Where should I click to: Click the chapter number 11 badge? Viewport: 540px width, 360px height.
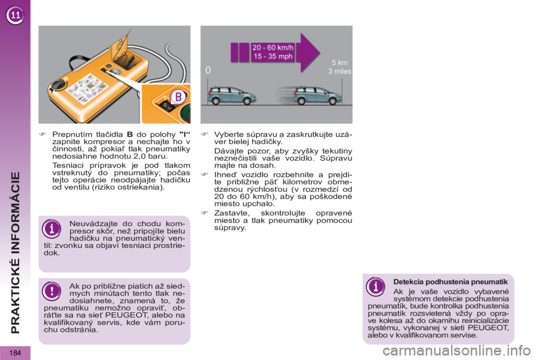[x=15, y=15]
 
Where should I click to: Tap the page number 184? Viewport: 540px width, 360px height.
[x=15, y=353]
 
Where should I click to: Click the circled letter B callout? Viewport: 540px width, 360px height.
[x=178, y=97]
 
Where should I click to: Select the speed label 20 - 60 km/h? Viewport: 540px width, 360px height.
[x=273, y=48]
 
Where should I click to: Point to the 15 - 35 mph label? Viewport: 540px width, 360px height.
[x=273, y=56]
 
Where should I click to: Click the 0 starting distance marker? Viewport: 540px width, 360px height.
[x=208, y=70]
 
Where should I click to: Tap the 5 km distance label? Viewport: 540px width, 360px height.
[x=340, y=62]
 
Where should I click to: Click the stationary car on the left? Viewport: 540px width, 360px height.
[x=231, y=96]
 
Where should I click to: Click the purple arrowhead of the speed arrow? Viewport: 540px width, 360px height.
[x=309, y=52]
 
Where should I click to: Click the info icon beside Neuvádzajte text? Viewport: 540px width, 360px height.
[x=52, y=228]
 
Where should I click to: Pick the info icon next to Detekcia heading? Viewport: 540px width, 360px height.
[x=375, y=286]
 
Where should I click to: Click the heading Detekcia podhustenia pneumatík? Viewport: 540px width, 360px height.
[x=451, y=282]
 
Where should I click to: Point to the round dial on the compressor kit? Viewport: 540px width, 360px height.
[x=57, y=85]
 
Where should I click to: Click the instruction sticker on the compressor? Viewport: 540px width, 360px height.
[x=88, y=89]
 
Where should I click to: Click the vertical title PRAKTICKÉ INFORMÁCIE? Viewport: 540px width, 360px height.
[x=16, y=252]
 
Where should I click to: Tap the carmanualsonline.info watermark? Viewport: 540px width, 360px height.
[x=457, y=351]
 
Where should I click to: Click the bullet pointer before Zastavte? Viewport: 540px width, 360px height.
[x=205, y=213]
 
